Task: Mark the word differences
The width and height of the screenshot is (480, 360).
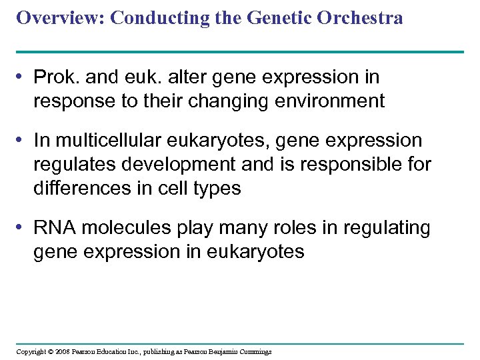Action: tap(81, 188)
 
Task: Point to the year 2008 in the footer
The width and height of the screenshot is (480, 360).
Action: tap(63, 351)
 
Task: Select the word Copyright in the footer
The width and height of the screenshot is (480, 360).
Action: tap(31, 351)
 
